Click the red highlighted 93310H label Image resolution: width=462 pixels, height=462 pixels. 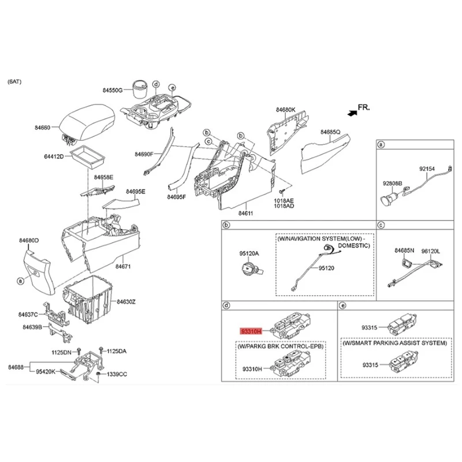pyautogui.click(x=251, y=331)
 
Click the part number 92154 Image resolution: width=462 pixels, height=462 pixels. pyautogui.click(x=428, y=169)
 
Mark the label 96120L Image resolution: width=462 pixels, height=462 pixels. pyautogui.click(x=430, y=251)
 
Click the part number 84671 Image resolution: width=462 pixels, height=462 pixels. pyautogui.click(x=123, y=267)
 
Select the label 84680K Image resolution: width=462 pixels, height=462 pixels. pyautogui.click(x=285, y=110)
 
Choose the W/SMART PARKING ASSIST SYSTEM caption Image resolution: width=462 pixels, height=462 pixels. pyautogui.click(x=394, y=343)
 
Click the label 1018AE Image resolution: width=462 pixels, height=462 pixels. pyautogui.click(x=284, y=199)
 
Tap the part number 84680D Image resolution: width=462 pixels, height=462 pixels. pyautogui.click(x=28, y=240)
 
